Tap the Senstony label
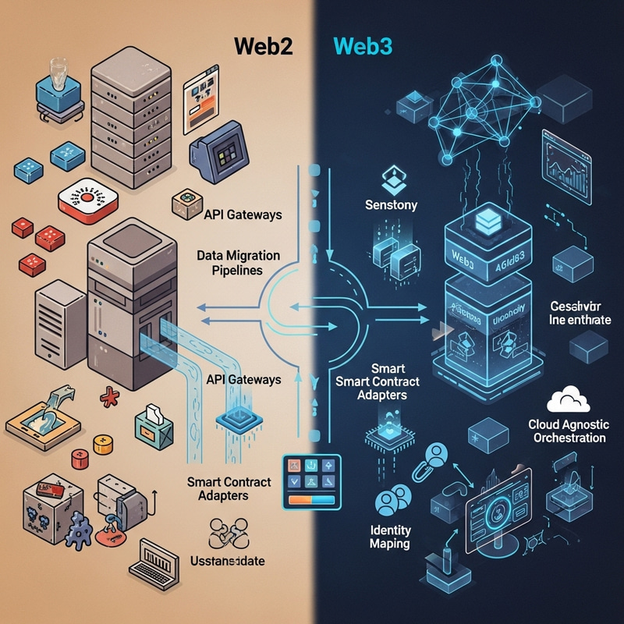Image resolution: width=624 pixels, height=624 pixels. [x=392, y=205]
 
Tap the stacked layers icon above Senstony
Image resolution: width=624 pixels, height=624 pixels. [x=391, y=182]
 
